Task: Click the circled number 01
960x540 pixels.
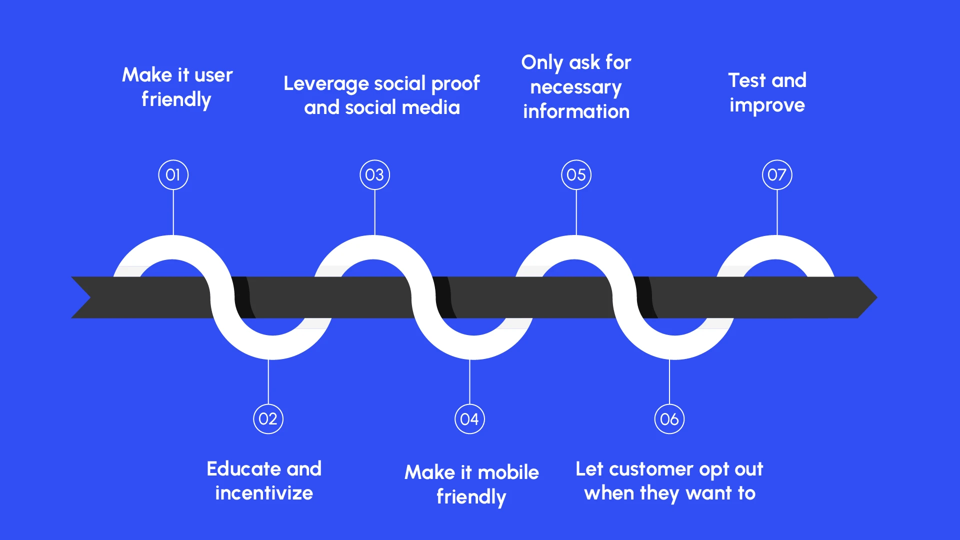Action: tap(173, 175)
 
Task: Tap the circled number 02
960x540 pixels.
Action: tap(268, 419)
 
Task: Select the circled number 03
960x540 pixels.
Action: tap(374, 175)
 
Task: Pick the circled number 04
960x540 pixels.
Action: tap(469, 419)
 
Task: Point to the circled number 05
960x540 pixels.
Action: tap(576, 175)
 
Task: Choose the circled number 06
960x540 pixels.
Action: tap(669, 419)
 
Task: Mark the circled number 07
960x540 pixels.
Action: tap(777, 175)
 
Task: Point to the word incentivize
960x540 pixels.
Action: tap(264, 493)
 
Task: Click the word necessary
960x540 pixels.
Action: tap(576, 87)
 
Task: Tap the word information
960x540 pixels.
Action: tap(576, 111)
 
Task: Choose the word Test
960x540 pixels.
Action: tap(747, 80)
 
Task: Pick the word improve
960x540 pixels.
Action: tap(767, 105)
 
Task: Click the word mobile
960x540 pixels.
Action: tap(508, 472)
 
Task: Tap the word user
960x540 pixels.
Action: tap(213, 75)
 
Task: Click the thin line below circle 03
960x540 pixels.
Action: tap(374, 212)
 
